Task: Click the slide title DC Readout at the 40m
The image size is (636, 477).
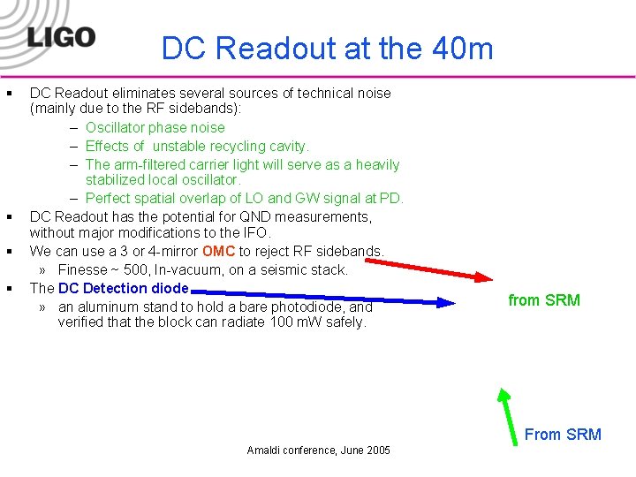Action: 327,49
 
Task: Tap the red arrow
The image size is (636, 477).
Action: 442,268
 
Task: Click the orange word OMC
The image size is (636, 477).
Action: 218,252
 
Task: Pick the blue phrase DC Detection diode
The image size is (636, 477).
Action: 123,288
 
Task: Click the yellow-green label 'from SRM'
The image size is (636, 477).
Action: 544,300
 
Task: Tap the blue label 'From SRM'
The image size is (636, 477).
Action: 563,434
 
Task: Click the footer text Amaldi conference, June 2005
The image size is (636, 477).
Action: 318,450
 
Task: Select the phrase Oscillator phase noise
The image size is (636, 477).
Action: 155,128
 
